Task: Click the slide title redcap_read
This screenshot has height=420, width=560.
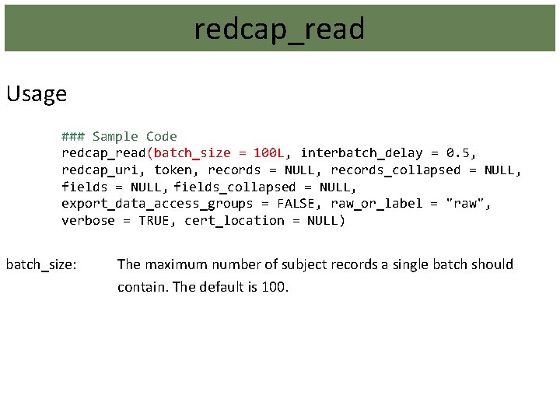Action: coord(279,30)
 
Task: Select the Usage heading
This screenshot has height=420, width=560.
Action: coord(37,95)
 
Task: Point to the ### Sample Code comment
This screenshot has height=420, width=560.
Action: coord(120,136)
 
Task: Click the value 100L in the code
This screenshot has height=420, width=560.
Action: coord(269,153)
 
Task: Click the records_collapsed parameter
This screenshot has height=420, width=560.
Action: coord(396,170)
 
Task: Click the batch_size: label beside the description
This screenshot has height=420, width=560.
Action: coord(41,264)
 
